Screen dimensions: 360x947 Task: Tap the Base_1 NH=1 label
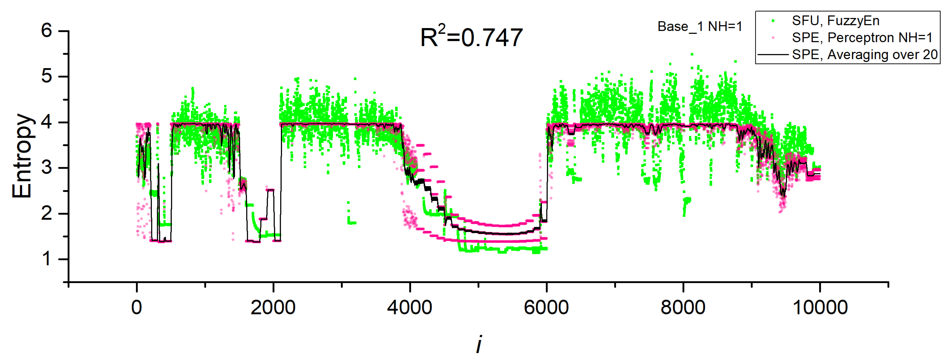pos(700,26)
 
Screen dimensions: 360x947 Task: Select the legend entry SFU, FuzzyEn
pos(835,21)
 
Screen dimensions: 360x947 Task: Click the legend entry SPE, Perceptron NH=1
pos(862,37)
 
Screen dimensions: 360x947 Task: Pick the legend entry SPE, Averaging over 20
pos(865,54)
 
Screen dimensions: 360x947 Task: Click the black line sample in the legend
pos(773,54)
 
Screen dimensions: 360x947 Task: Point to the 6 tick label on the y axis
pos(47,30)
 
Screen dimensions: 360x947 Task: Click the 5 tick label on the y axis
pos(47,77)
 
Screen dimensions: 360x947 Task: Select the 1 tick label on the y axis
pos(47,259)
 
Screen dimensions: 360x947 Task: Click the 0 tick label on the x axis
pos(136,307)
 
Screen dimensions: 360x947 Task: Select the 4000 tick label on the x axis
pos(409,307)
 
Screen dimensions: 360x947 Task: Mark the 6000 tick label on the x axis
pos(546,307)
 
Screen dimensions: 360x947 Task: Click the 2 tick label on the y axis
pos(47,213)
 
